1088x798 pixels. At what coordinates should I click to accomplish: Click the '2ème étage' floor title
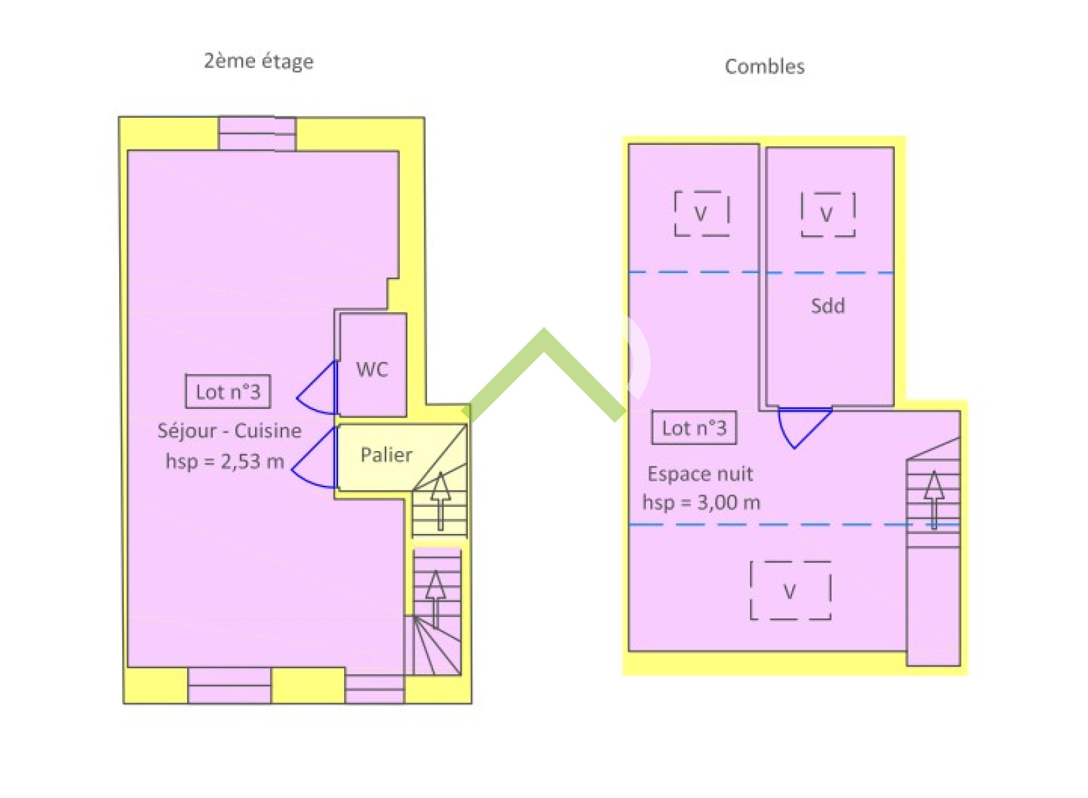[x=259, y=62]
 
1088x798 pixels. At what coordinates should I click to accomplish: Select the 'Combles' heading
[x=764, y=67]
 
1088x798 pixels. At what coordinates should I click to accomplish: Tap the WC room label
[x=372, y=370]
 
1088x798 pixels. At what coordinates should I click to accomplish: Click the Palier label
[x=387, y=455]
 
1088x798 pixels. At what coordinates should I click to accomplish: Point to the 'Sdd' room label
[x=828, y=305]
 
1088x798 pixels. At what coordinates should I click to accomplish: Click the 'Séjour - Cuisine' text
[x=229, y=431]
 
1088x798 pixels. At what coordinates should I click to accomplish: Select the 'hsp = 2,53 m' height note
[x=225, y=461]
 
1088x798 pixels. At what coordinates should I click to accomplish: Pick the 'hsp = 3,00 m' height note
[x=701, y=502]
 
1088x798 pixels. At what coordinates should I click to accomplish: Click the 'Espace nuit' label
[x=700, y=474]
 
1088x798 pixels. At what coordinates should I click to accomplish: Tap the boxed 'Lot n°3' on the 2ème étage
[x=228, y=392]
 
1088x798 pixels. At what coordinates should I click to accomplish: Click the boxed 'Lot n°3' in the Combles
[x=694, y=428]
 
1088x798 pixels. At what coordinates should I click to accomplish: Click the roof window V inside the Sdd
[x=828, y=214]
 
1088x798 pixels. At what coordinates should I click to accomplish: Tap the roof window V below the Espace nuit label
[x=790, y=591]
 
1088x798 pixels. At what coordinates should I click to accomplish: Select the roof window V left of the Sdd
[x=701, y=214]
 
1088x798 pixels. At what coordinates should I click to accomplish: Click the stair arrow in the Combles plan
[x=934, y=499]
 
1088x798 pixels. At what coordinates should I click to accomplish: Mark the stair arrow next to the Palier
[x=441, y=501]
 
